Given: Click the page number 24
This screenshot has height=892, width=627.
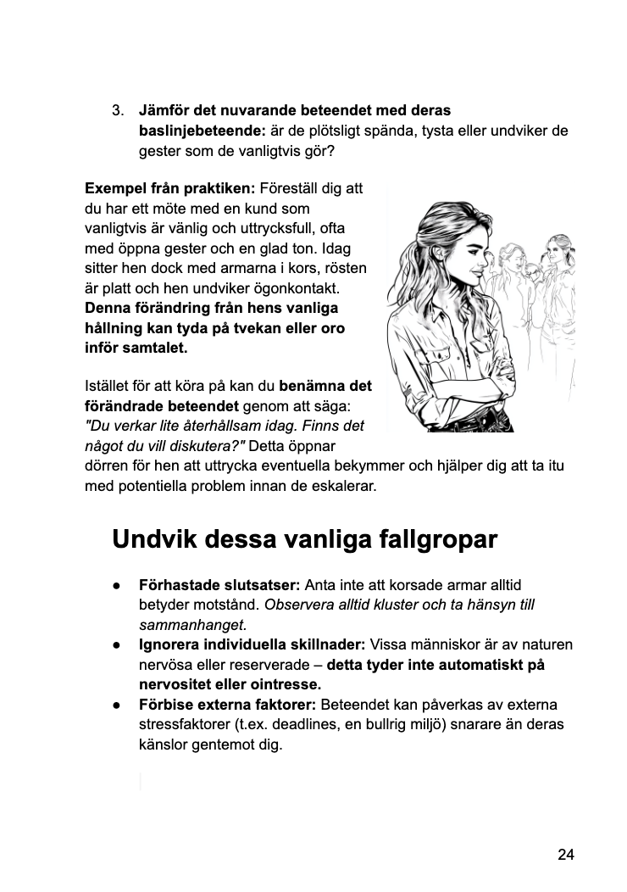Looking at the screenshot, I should coord(566,854).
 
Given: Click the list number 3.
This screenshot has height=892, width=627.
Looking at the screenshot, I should coord(118,111).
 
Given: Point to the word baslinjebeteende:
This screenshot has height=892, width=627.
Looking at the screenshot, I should coord(203,131).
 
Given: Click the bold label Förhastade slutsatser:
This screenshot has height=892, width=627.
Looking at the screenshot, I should coord(219,585).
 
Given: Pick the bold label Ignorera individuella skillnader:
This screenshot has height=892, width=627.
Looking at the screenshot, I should coord(252,645).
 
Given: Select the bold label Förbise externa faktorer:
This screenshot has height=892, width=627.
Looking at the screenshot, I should coord(227,705).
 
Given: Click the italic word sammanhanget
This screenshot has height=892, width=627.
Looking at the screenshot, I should coord(191,626).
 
